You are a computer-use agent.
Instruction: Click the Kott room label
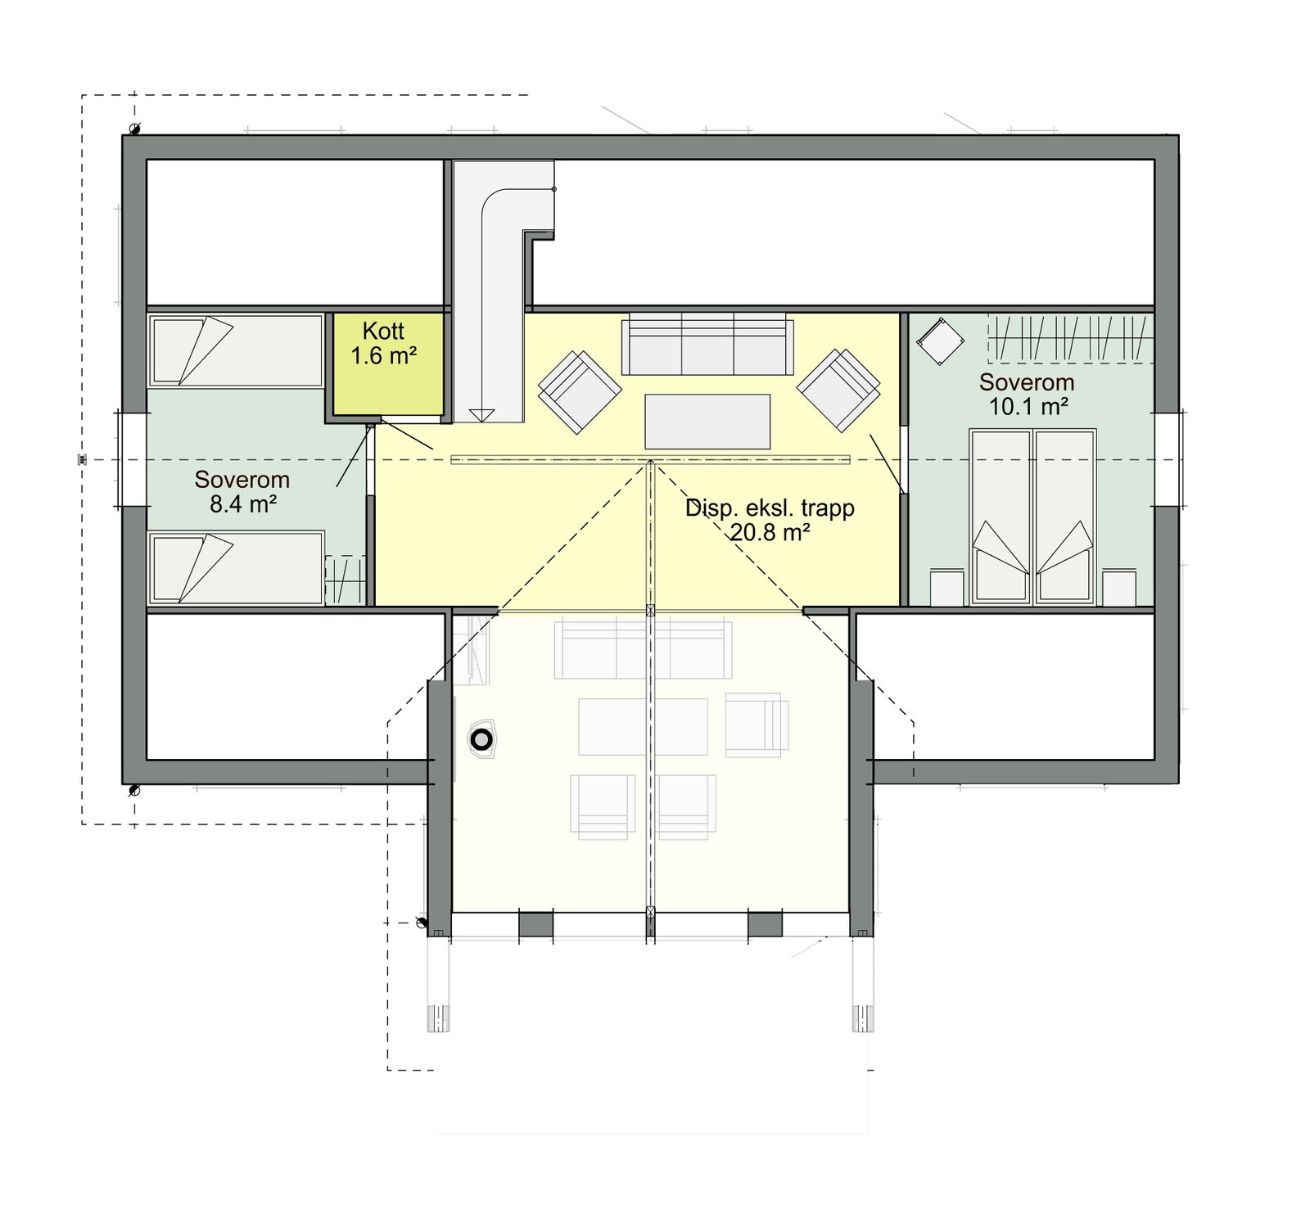[x=383, y=332]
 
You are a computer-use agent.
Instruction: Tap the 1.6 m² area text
[x=383, y=356]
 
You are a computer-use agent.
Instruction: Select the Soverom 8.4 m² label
[x=242, y=491]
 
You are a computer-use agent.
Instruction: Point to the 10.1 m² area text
[x=1028, y=407]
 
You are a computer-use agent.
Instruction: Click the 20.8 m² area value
[x=770, y=533]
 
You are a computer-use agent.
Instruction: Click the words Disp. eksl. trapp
[x=770, y=508]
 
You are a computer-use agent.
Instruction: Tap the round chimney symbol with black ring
[x=482, y=740]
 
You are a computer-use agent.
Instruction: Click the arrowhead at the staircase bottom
[x=481, y=415]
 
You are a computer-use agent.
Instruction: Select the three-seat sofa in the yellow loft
[x=707, y=344]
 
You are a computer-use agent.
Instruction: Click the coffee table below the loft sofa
[x=707, y=422]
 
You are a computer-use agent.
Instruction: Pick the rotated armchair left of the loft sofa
[x=579, y=391]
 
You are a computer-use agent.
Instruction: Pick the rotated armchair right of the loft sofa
[x=839, y=389]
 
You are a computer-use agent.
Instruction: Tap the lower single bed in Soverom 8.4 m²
[x=235, y=567]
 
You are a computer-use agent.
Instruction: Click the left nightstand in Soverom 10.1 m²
[x=947, y=588]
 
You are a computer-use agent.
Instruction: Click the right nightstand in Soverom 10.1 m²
[x=1119, y=588]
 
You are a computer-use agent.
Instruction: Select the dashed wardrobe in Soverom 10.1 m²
[x=1071, y=337]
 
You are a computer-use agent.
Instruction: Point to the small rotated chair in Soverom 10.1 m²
[x=940, y=340]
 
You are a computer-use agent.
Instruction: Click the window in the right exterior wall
[x=1168, y=459]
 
